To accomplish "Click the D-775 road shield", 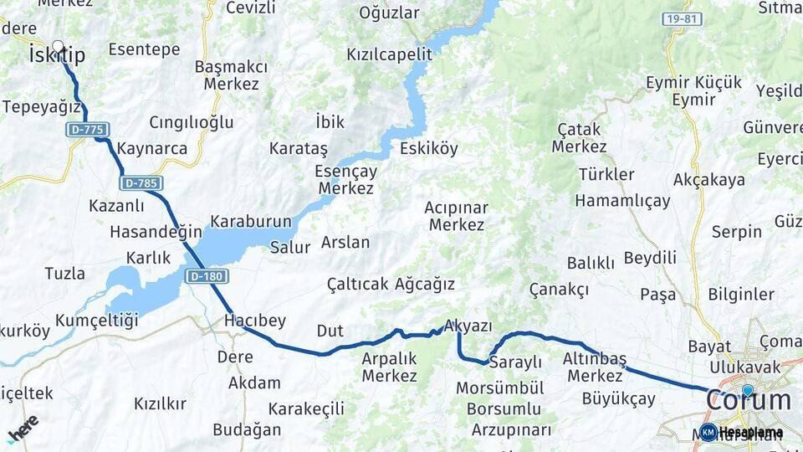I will pyautogui.click(x=88, y=130).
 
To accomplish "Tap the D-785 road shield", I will pyautogui.click(x=141, y=182).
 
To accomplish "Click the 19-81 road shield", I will pyautogui.click(x=681, y=18).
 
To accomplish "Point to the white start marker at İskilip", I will pyautogui.click(x=58, y=47).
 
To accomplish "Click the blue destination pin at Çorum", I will pyautogui.click(x=747, y=390).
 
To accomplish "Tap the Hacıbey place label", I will pyautogui.click(x=255, y=321).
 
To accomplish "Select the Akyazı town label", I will pyautogui.click(x=469, y=326).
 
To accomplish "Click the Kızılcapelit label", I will pyautogui.click(x=390, y=54).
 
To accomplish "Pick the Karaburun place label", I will pyautogui.click(x=251, y=222).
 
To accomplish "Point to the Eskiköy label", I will pyautogui.click(x=429, y=149).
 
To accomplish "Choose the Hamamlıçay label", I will pyautogui.click(x=622, y=201).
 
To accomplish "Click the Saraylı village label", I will pyautogui.click(x=515, y=362).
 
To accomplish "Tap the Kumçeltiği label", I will pyautogui.click(x=97, y=321).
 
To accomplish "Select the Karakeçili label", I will pyautogui.click(x=306, y=408).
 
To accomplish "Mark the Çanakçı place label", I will pyautogui.click(x=559, y=289).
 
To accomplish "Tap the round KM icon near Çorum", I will pyautogui.click(x=708, y=432).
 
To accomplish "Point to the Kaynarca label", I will pyautogui.click(x=152, y=148).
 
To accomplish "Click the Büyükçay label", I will pyautogui.click(x=618, y=398).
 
